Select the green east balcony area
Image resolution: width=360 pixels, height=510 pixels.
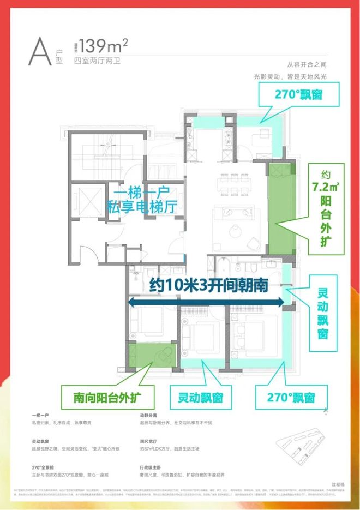click(281, 207)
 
